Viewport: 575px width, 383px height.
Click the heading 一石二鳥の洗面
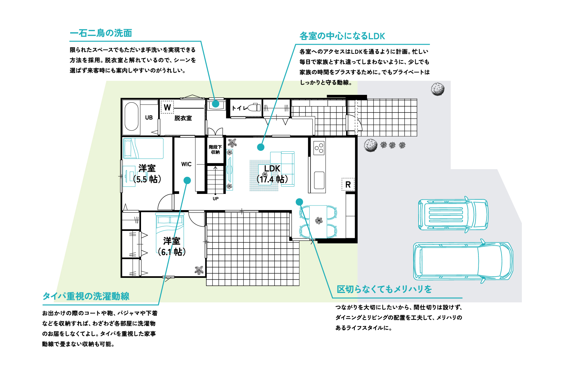pyautogui.click(x=101, y=33)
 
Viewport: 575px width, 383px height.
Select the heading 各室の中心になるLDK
pyautogui.click(x=342, y=36)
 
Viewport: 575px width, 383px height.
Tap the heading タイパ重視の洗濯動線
pyautogui.click(x=86, y=296)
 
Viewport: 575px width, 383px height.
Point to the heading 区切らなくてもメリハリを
pyautogui.click(x=384, y=289)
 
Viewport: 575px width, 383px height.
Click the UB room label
pyautogui.click(x=149, y=118)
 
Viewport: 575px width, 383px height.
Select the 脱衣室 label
pyautogui.click(x=183, y=118)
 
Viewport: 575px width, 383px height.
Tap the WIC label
pyautogui.click(x=186, y=164)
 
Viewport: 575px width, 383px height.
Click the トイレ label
pyautogui.click(x=240, y=108)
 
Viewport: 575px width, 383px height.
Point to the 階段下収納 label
pyautogui.click(x=215, y=150)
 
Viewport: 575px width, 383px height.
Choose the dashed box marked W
pyautogui.click(x=167, y=107)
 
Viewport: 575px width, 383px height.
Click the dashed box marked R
pyautogui.click(x=348, y=185)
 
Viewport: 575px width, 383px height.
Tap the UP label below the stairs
pyautogui.click(x=216, y=199)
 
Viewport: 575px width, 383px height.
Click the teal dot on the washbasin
pyautogui.click(x=216, y=104)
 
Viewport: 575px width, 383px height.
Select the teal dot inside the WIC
pyautogui.click(x=187, y=180)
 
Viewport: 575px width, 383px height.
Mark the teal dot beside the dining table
pyautogui.click(x=299, y=202)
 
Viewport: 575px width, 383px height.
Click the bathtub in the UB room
pyautogui.click(x=131, y=116)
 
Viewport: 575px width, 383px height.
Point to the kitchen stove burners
pyautogui.click(x=319, y=148)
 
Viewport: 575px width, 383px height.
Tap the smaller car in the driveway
pyautogui.click(x=453, y=214)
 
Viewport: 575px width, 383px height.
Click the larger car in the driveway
pyautogui.click(x=463, y=261)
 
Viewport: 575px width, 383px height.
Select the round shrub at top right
pyautogui.click(x=438, y=89)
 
